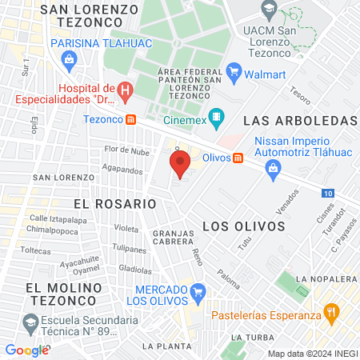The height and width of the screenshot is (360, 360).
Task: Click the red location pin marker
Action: point(180,166)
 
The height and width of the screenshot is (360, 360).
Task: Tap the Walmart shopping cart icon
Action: point(234,73)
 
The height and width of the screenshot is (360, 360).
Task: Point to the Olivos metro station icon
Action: point(238,158)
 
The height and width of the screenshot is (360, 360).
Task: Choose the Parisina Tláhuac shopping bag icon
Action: point(70,59)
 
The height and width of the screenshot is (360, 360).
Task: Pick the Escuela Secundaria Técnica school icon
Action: point(30,324)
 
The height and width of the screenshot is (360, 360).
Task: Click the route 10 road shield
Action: point(330,193)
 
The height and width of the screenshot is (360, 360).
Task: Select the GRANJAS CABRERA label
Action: point(162,237)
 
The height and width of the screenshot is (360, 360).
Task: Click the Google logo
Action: point(26,350)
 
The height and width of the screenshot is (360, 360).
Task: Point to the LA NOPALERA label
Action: point(326,278)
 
